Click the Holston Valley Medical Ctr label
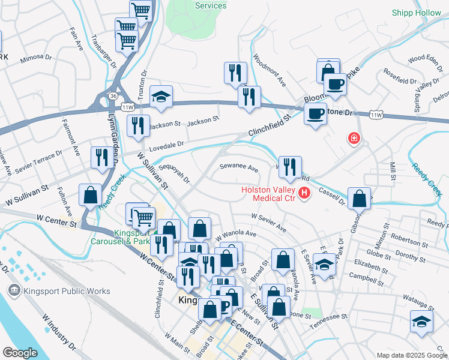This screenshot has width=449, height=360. pyautogui.click(x=268, y=194)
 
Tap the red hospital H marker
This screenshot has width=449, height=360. pyautogui.click(x=305, y=193)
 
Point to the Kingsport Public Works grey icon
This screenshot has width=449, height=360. pyautogui.click(x=13, y=291)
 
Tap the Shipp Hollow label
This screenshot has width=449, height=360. pyautogui.click(x=416, y=12)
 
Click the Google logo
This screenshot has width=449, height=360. pyautogui.click(x=20, y=353)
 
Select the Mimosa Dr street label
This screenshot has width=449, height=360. pyautogui.click(x=36, y=58)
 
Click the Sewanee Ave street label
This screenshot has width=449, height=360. pyautogui.click(x=238, y=167)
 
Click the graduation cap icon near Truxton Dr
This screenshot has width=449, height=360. pyautogui.click(x=161, y=96)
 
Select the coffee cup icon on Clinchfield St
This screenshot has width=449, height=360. pyautogui.click(x=315, y=113)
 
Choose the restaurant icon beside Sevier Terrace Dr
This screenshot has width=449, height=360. pyautogui.click(x=101, y=157)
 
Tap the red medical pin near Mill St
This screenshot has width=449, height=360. pyautogui.click(x=354, y=139)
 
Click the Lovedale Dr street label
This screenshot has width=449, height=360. pyautogui.click(x=166, y=145)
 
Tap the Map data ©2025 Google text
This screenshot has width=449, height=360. pyautogui.click(x=411, y=355)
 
